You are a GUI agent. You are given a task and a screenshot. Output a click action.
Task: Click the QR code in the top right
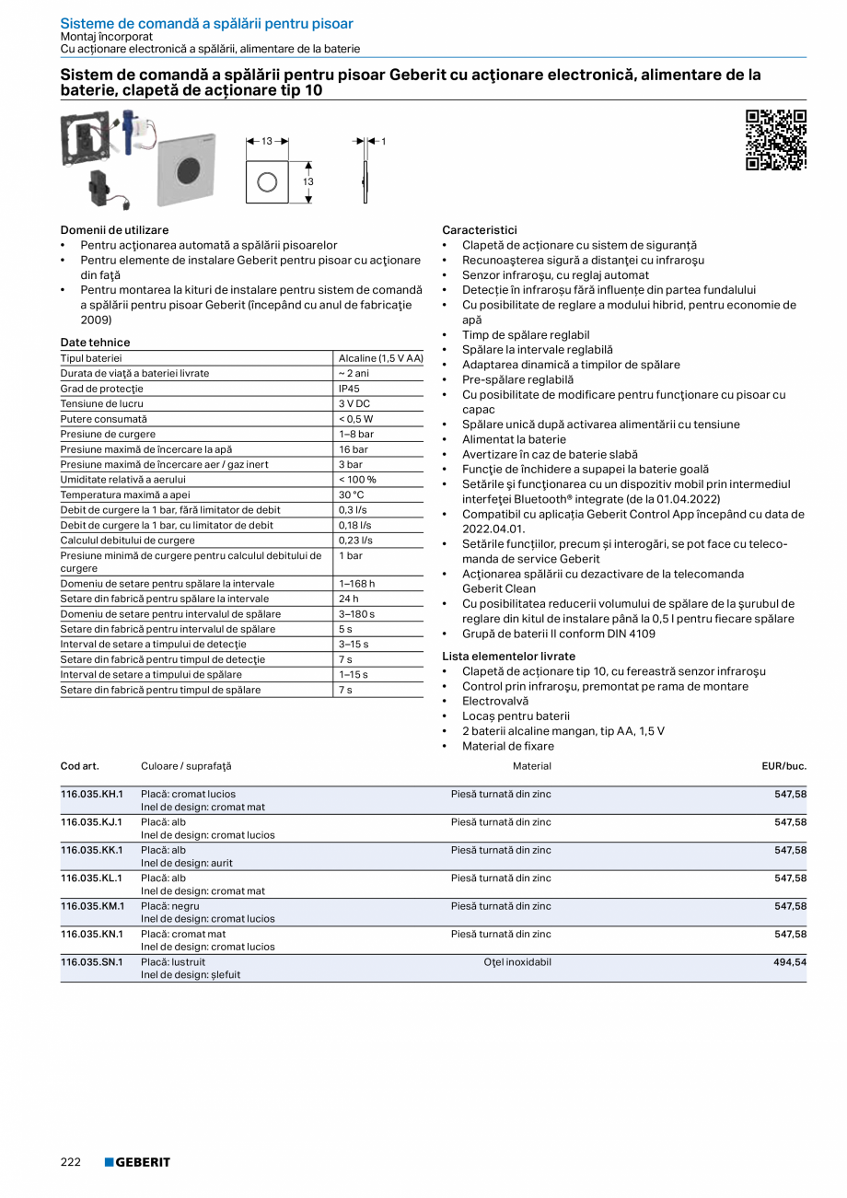(775, 140)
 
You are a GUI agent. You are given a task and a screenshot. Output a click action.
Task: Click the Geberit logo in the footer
(137, 1162)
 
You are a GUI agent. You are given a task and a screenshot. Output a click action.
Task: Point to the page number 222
(71, 1162)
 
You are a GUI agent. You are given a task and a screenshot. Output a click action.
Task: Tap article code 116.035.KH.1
(92, 794)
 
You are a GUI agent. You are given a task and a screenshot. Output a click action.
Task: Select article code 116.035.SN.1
(92, 961)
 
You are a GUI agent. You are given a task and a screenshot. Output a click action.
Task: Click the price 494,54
(789, 961)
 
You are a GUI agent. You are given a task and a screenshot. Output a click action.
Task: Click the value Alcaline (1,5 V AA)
(380, 358)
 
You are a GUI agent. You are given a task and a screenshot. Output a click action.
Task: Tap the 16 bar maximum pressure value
(353, 449)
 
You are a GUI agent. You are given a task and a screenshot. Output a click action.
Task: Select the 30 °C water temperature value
(352, 494)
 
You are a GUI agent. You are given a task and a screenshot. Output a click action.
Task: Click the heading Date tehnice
(95, 343)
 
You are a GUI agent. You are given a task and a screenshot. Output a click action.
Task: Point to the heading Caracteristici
(480, 230)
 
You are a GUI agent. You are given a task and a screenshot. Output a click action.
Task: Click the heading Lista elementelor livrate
(508, 657)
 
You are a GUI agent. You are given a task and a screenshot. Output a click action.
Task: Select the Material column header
(531, 766)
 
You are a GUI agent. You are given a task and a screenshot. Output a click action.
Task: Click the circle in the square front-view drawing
(267, 182)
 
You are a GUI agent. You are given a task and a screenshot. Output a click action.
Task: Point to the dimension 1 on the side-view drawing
(383, 141)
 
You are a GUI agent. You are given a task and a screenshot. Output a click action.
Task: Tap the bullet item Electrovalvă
(495, 701)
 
